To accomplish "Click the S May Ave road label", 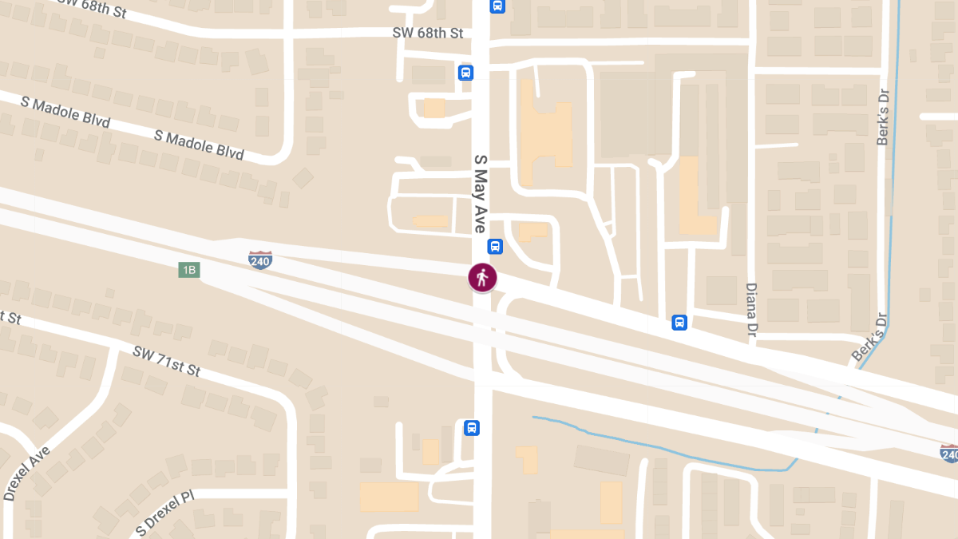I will pyautogui.click(x=481, y=194).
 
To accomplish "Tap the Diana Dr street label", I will pyautogui.click(x=751, y=311).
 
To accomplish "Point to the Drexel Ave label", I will pyautogui.click(x=26, y=474).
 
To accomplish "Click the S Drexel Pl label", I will pyautogui.click(x=164, y=513).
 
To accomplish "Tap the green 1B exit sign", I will pyautogui.click(x=188, y=270).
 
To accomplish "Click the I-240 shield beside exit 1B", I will pyautogui.click(x=259, y=260).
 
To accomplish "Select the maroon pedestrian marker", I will pyautogui.click(x=482, y=278).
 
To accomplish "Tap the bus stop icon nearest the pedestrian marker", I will pyautogui.click(x=495, y=247).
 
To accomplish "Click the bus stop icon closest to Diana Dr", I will pyautogui.click(x=679, y=323).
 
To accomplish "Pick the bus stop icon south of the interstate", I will pyautogui.click(x=472, y=428).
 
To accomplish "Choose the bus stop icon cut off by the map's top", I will pyautogui.click(x=498, y=5).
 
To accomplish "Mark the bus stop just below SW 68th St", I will pyautogui.click(x=466, y=73).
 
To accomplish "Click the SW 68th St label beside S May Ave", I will pyautogui.click(x=428, y=34).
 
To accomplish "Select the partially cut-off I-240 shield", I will pyautogui.click(x=948, y=454).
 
